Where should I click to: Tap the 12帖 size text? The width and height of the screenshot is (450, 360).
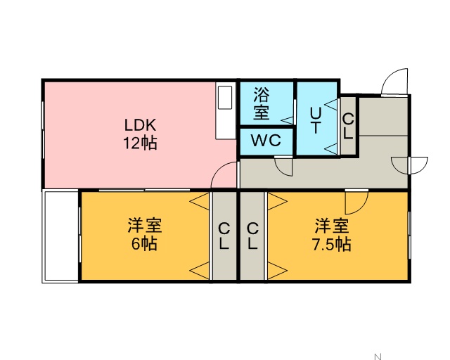pyautogui.click(x=140, y=143)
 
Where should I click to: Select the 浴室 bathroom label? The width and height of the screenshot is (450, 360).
pyautogui.click(x=261, y=103)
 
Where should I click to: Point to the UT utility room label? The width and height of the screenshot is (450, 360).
pyautogui.click(x=316, y=120)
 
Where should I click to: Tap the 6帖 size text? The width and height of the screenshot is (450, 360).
pyautogui.click(x=144, y=245)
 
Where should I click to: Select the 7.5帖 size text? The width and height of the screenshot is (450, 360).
pyautogui.click(x=332, y=245)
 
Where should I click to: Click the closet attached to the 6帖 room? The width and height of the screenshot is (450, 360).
pyautogui.click(x=224, y=236)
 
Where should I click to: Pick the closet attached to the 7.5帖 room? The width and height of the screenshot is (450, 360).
pyautogui.click(x=252, y=236)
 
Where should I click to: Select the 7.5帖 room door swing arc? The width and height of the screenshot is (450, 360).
pyautogui.click(x=357, y=200)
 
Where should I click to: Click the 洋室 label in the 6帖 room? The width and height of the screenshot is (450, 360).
pyautogui.click(x=144, y=226)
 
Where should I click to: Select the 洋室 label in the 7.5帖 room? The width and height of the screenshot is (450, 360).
pyautogui.click(x=332, y=226)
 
